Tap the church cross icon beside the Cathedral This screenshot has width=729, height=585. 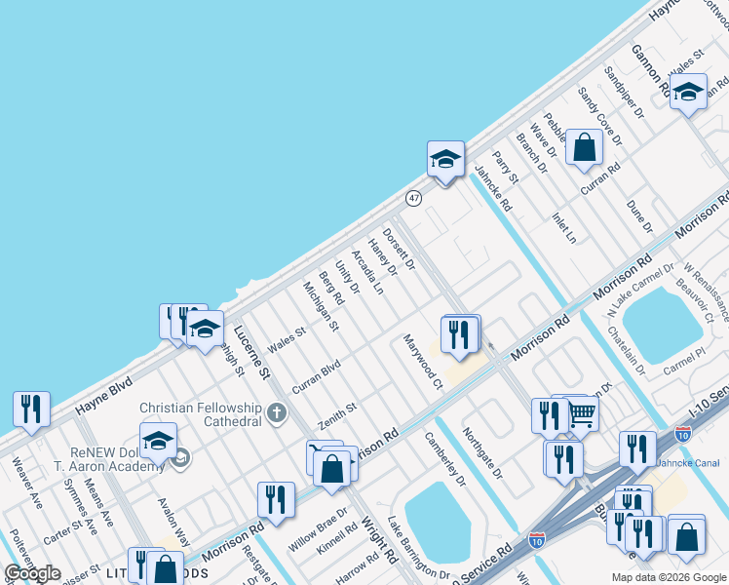(277, 413)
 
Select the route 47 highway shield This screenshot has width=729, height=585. (414, 198)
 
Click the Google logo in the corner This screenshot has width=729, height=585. (32, 573)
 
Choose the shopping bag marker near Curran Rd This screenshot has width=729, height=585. (584, 147)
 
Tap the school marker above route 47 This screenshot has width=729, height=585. (445, 159)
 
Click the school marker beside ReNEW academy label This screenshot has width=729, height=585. (158, 441)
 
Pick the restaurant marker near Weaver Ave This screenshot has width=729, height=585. (31, 409)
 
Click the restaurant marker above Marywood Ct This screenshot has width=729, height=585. (457, 334)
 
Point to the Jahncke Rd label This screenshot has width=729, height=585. (492, 188)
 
